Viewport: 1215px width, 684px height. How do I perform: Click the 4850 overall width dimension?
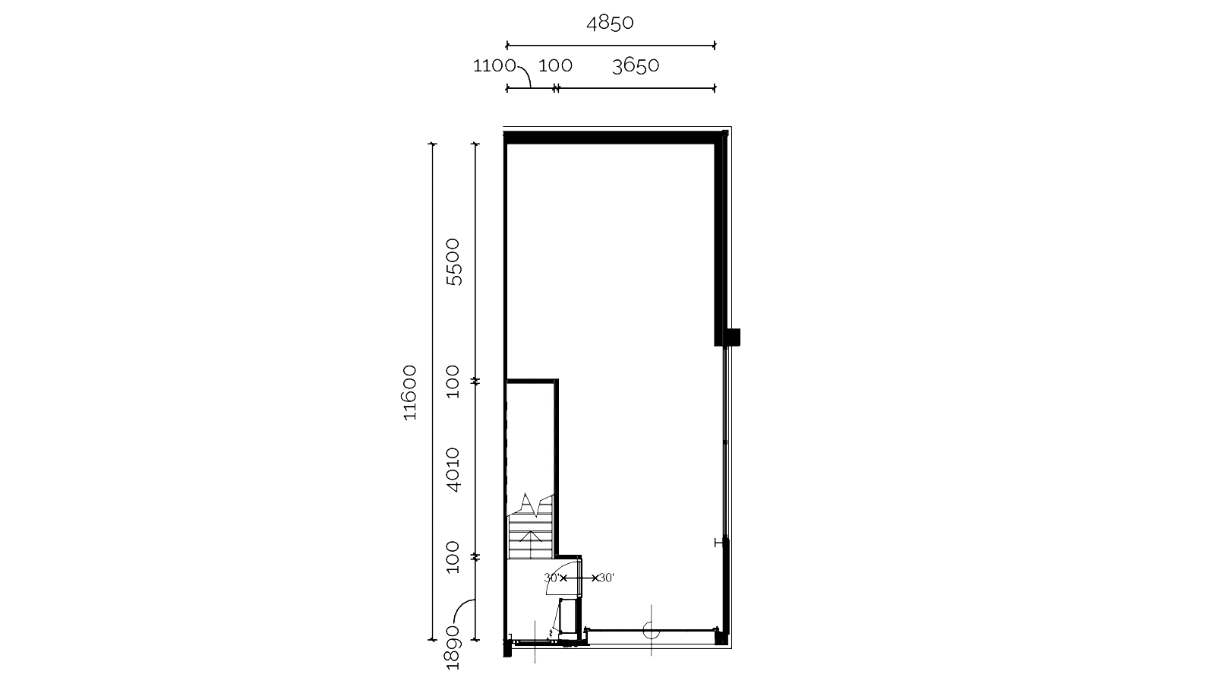coord(610,24)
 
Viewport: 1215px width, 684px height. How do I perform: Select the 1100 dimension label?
coord(494,65)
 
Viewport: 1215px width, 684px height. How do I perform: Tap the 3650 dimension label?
coord(635,66)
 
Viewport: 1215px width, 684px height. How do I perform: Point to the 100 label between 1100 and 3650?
coord(555,65)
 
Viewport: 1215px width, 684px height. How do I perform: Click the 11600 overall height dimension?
coord(409,392)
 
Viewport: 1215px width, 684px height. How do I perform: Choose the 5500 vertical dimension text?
coord(453,262)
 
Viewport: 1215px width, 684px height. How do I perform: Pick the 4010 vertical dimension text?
coord(453,470)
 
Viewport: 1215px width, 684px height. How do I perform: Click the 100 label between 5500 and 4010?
coord(453,382)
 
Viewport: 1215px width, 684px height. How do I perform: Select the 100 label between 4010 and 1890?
coord(453,557)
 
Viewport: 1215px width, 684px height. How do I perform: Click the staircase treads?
coord(530,537)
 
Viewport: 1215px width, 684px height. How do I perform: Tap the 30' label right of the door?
coord(607,578)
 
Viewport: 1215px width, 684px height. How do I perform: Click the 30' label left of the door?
coord(551,578)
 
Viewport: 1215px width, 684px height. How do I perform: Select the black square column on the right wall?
coord(733,337)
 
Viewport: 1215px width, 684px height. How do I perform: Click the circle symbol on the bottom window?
coord(651,630)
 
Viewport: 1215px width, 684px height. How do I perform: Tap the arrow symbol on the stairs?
coord(531,537)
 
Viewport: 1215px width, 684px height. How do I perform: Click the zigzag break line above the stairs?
coord(531,505)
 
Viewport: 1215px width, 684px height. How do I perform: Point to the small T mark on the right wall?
coord(719,543)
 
